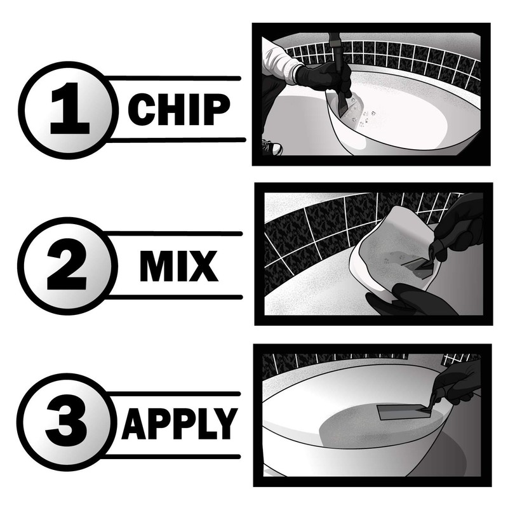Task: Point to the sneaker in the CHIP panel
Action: [272, 148]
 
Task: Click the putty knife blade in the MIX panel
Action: [416, 262]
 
